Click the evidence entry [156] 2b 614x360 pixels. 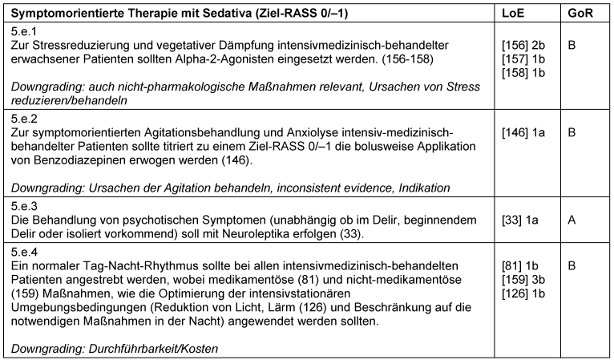pos(521,46)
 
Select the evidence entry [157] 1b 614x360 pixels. pos(521,59)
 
